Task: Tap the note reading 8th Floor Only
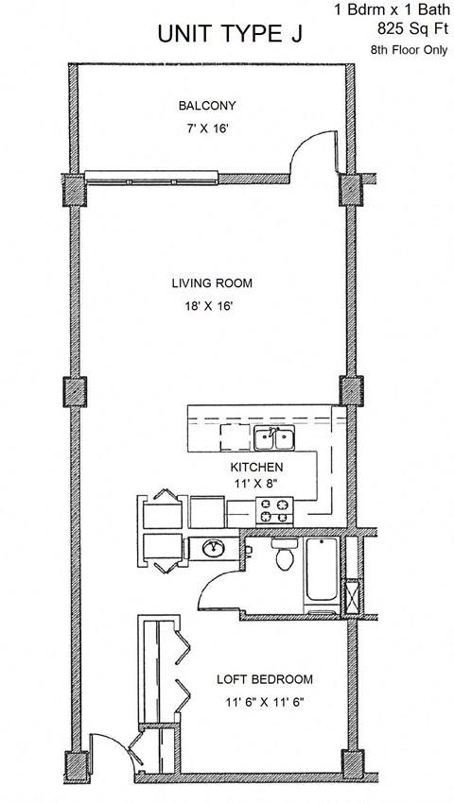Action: [410, 50]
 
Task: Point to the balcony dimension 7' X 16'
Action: [208, 127]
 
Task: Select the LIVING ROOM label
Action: [212, 283]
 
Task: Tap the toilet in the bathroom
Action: [282, 557]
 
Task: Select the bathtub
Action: [323, 573]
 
